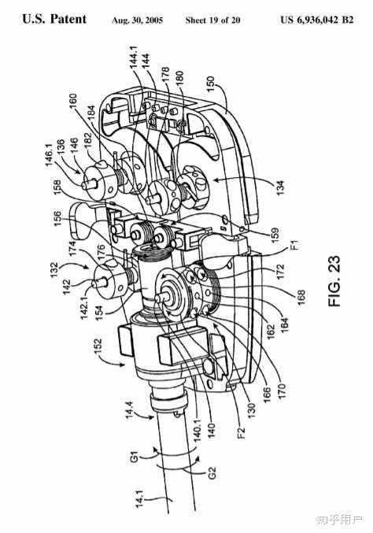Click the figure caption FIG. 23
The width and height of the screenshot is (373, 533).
pyautogui.click(x=334, y=281)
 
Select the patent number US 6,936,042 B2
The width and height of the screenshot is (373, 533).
pyautogui.click(x=317, y=20)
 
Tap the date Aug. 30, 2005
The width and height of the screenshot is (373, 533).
pyautogui.click(x=137, y=20)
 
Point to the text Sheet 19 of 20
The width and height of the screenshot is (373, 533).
pyautogui.click(x=212, y=20)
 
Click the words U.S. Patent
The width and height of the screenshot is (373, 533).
pyautogui.click(x=54, y=19)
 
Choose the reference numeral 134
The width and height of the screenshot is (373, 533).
pyautogui.click(x=279, y=188)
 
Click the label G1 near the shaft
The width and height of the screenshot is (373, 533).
pyautogui.click(x=135, y=457)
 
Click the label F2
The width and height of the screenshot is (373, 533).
pyautogui.click(x=242, y=432)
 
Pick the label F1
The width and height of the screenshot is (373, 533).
pyautogui.click(x=296, y=244)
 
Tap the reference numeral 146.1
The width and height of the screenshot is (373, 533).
pyautogui.click(x=49, y=159)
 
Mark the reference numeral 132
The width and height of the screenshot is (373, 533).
pyautogui.click(x=55, y=271)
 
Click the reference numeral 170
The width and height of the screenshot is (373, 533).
pyautogui.click(x=282, y=391)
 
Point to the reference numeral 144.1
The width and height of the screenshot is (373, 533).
pyautogui.click(x=135, y=57)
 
